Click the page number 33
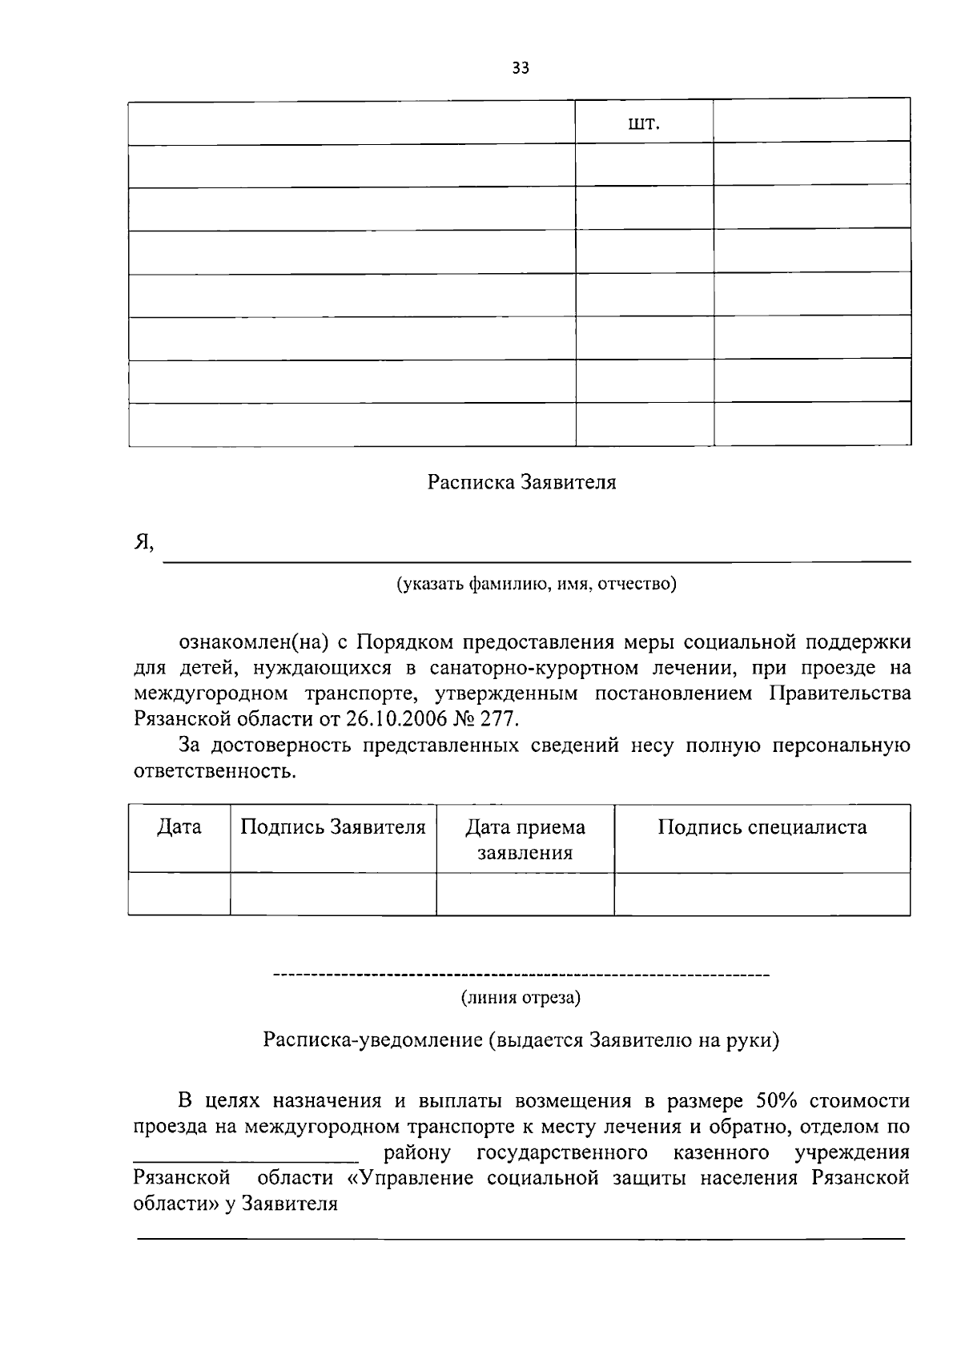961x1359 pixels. point(521,69)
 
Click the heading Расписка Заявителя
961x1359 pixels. point(521,483)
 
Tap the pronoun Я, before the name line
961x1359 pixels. point(143,543)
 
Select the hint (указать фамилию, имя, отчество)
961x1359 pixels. point(537,585)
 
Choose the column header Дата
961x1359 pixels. point(179,827)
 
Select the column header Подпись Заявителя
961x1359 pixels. point(333,827)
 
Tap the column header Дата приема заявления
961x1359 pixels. point(525,839)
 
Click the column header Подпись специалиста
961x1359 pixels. point(762,827)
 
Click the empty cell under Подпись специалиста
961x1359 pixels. point(762,894)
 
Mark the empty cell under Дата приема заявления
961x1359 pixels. point(525,894)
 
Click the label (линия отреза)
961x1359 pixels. point(521,999)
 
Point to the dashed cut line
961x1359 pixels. point(521,975)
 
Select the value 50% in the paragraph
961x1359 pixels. point(774,1101)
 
